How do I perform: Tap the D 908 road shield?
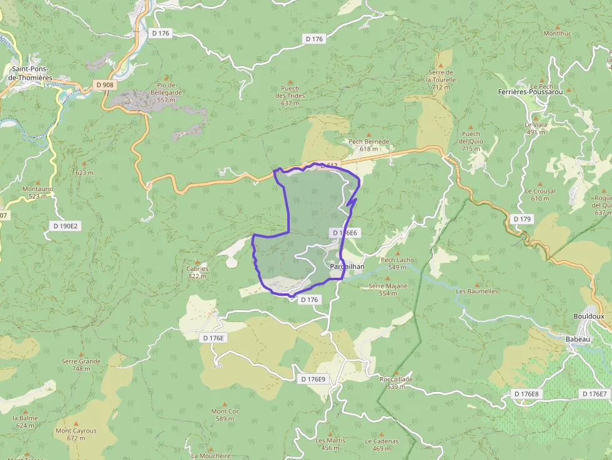[105, 84]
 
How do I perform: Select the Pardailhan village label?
[347, 266]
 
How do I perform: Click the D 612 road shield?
[329, 166]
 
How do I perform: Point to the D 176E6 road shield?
[344, 233]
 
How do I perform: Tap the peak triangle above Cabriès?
[197, 262]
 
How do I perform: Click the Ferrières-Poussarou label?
[531, 92]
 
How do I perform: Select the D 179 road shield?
[522, 219]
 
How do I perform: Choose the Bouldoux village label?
[588, 316]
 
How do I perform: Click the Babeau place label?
[578, 339]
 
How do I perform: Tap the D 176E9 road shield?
[313, 379]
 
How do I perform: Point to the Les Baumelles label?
[477, 291]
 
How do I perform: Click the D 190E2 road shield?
[65, 225]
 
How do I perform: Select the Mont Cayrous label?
[76, 431]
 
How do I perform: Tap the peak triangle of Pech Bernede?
[368, 134]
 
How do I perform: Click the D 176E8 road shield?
[526, 394]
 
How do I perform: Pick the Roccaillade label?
[396, 379]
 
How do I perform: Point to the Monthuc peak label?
[557, 33]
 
